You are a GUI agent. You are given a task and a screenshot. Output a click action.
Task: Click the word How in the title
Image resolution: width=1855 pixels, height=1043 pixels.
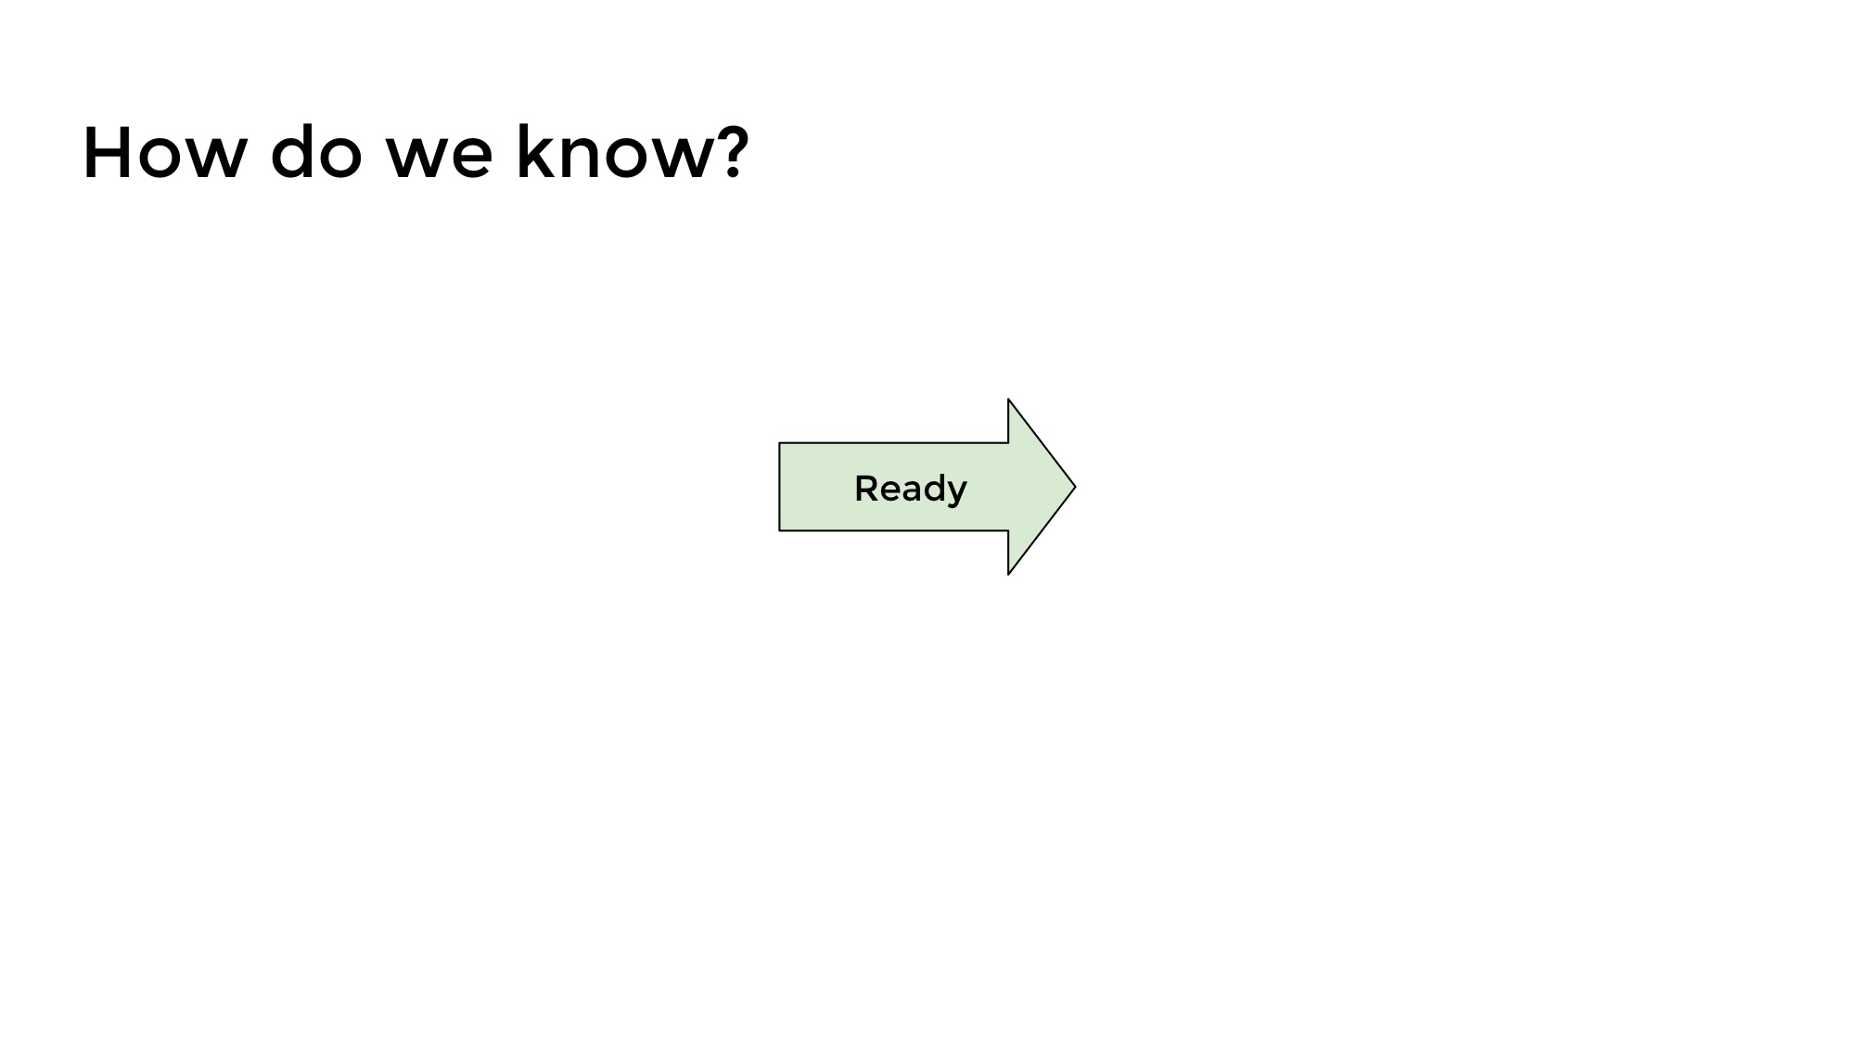pyautogui.click(x=164, y=153)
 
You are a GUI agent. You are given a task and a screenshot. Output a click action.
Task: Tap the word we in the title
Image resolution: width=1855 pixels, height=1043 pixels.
pyautogui.click(x=439, y=159)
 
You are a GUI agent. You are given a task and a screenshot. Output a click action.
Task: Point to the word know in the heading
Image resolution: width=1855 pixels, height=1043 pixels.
pyautogui.click(x=616, y=151)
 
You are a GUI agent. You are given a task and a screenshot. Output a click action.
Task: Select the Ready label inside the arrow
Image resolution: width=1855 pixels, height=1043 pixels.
pyautogui.click(x=911, y=489)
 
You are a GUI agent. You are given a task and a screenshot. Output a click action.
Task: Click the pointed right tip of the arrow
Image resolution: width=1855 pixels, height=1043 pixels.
pyautogui.click(x=1075, y=487)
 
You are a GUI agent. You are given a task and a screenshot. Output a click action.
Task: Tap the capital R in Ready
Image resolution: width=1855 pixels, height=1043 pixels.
pyautogui.click(x=866, y=488)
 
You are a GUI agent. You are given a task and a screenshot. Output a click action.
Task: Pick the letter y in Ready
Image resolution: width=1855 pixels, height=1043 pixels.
pyautogui.click(x=956, y=493)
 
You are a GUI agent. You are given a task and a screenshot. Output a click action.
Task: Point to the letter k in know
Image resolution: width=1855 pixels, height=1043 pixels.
pyautogui.click(x=533, y=151)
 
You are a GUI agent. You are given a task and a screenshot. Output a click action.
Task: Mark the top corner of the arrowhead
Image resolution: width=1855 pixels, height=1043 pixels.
pyautogui.click(x=1008, y=400)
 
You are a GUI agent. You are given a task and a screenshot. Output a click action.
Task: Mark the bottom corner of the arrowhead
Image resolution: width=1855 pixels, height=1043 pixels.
pyautogui.click(x=1008, y=574)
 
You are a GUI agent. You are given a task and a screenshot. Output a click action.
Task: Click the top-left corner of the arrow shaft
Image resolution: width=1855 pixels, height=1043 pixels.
pyautogui.click(x=779, y=443)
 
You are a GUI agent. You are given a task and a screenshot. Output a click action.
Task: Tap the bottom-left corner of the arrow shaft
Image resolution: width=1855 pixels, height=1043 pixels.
pyautogui.click(x=779, y=531)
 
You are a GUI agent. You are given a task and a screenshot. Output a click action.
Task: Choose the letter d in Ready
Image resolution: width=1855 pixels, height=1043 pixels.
pyautogui.click(x=932, y=488)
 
